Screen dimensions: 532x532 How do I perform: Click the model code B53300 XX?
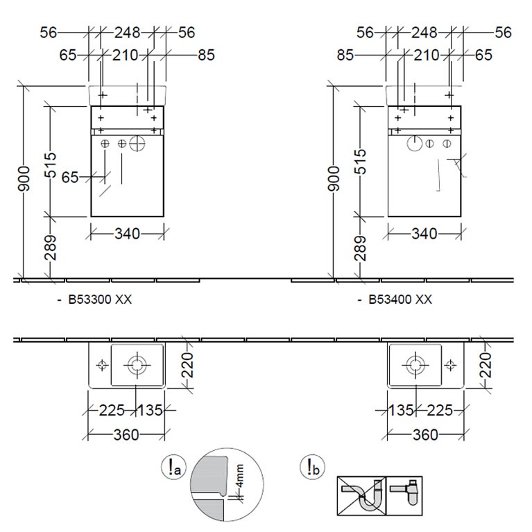click(x=100, y=300)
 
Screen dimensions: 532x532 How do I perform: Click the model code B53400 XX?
click(x=400, y=300)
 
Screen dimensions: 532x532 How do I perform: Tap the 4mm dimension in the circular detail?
click(x=239, y=476)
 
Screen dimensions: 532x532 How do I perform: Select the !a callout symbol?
click(x=173, y=468)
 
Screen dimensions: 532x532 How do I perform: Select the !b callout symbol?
click(x=313, y=467)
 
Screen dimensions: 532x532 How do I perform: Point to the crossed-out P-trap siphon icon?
click(x=361, y=496)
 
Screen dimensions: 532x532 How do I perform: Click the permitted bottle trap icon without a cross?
click(x=404, y=496)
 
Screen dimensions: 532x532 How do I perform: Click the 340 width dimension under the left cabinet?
click(x=127, y=234)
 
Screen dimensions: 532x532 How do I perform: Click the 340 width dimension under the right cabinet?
click(x=424, y=234)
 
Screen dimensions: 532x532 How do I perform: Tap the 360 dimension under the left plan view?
click(x=126, y=435)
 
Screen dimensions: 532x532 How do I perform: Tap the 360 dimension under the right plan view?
click(x=425, y=435)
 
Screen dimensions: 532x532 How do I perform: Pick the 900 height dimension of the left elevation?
click(x=24, y=179)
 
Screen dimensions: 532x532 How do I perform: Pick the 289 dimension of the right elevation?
click(x=360, y=248)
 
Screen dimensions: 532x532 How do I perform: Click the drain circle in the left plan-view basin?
click(x=137, y=366)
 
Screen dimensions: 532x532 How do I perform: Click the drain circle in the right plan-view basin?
click(x=415, y=366)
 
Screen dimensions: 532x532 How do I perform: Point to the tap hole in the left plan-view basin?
click(x=102, y=365)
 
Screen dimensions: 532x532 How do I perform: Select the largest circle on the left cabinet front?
click(x=137, y=144)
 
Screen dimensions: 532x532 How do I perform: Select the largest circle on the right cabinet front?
click(x=414, y=144)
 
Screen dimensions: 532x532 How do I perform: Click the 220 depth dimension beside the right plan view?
click(x=486, y=365)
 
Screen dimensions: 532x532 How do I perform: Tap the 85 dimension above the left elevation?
click(x=206, y=55)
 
